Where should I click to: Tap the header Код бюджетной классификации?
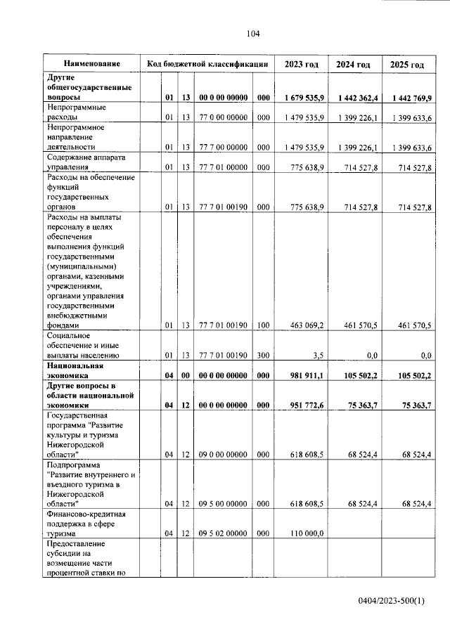(x=207, y=64)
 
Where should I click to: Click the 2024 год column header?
(x=353, y=65)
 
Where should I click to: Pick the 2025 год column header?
(x=407, y=65)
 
